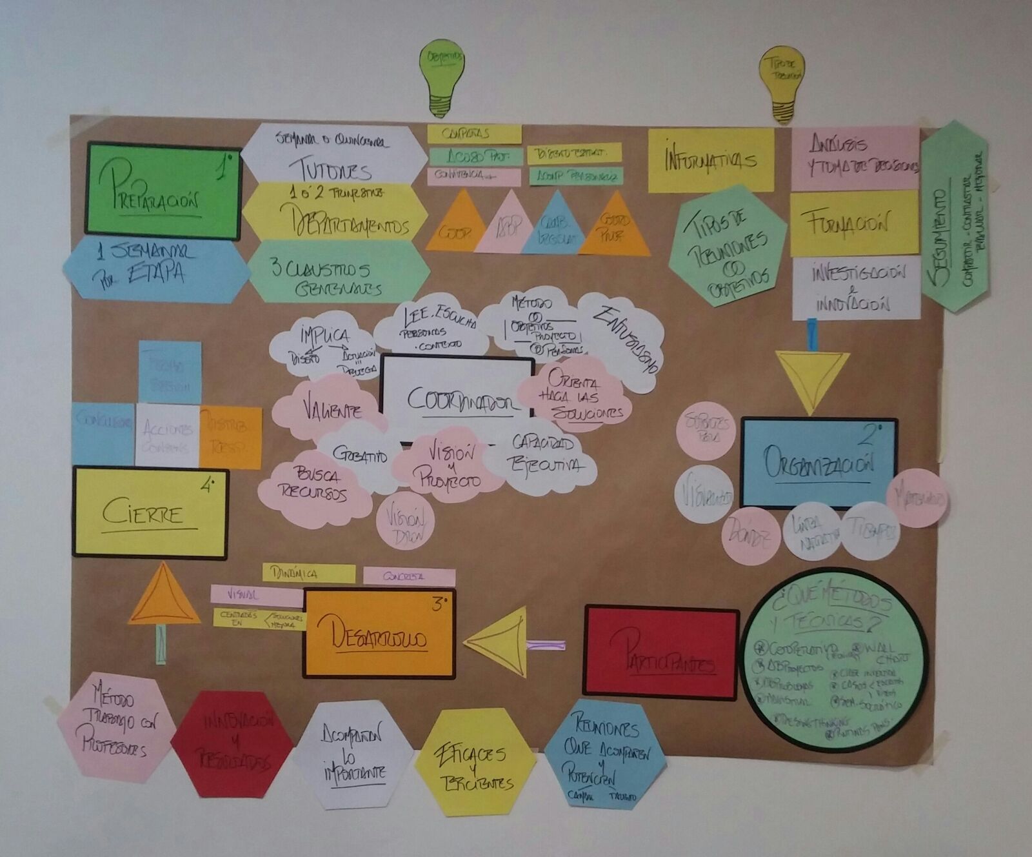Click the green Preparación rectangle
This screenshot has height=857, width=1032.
(163, 190)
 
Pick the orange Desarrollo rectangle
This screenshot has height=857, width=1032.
(379, 634)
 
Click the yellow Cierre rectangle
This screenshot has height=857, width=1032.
(150, 512)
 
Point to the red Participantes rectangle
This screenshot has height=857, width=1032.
(661, 652)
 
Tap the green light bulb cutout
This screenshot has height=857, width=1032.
(442, 74)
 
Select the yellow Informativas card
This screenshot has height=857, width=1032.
(711, 160)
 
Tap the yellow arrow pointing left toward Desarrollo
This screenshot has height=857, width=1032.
(499, 643)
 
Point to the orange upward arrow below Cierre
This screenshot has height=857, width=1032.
(163, 595)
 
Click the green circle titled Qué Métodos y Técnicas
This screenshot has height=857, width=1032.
(834, 660)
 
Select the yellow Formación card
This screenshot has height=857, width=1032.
(855, 223)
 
